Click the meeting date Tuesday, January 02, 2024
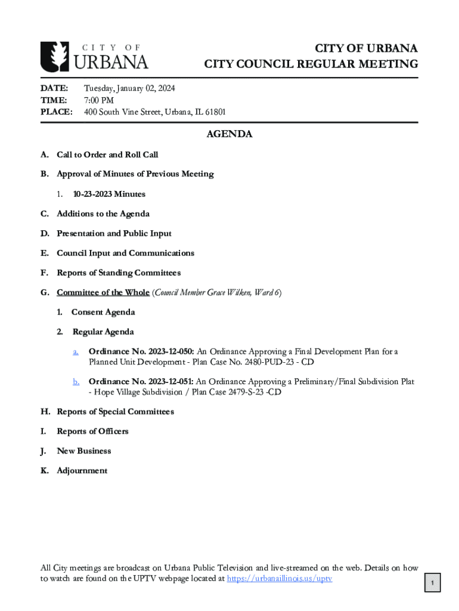pyautogui.click(x=129, y=88)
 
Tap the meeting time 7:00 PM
pyautogui.click(x=99, y=100)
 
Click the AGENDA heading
pyautogui.click(x=229, y=134)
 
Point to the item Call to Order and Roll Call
pyautogui.click(x=107, y=155)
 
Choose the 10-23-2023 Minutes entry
pyautogui.click(x=109, y=194)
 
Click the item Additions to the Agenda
pyautogui.click(x=103, y=214)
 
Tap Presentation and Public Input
pyautogui.click(x=114, y=233)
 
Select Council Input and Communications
pyautogui.click(x=125, y=253)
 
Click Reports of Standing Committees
pyautogui.click(x=119, y=273)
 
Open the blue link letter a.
pyautogui.click(x=76, y=351)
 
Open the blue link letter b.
pyautogui.click(x=76, y=381)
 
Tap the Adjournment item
pyautogui.click(x=82, y=470)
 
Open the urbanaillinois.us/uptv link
pyautogui.click(x=280, y=578)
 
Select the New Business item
pyautogui.click(x=83, y=450)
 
